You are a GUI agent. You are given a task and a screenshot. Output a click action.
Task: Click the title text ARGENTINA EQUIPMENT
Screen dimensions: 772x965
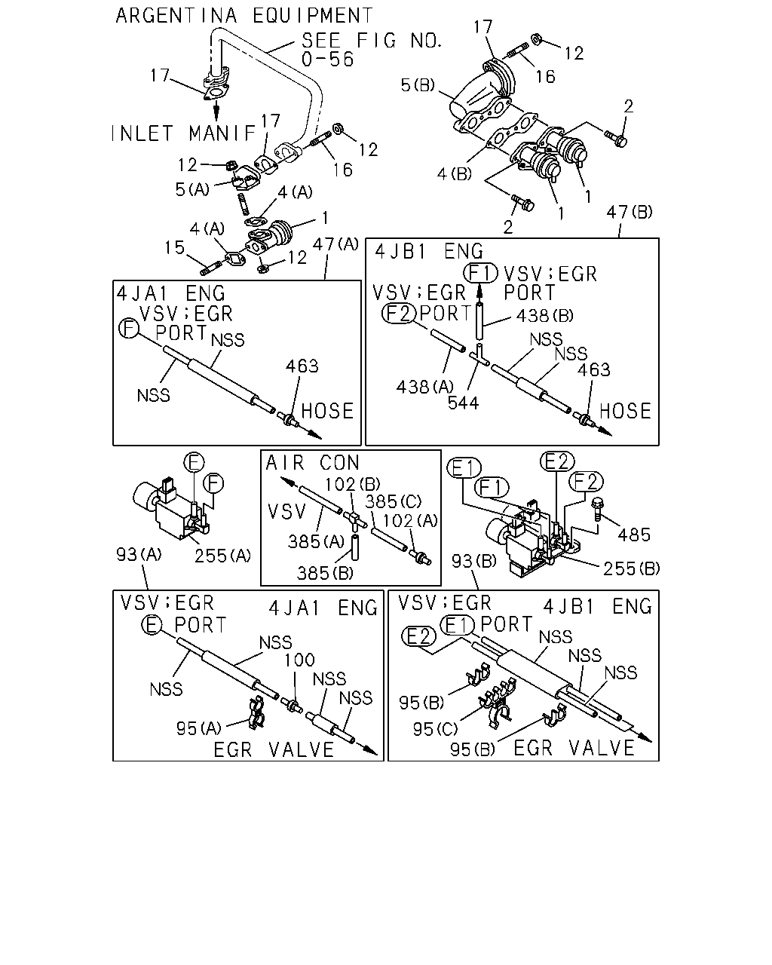tap(244, 16)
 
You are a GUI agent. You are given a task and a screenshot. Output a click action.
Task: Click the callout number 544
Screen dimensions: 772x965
tap(464, 403)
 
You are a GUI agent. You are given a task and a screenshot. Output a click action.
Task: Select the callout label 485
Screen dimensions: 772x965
tap(634, 535)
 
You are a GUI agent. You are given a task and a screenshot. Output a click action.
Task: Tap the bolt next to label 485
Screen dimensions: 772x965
tap(597, 508)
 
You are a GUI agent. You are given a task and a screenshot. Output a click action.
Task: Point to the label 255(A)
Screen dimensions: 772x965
tap(222, 556)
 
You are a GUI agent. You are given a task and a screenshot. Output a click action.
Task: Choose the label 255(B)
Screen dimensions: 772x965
tap(632, 568)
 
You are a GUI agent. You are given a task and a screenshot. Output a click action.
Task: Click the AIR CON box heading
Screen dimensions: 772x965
tap(313, 463)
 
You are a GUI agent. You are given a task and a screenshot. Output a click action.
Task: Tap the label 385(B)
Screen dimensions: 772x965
tap(325, 573)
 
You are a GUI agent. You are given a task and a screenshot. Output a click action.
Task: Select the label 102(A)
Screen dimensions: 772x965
tap(410, 521)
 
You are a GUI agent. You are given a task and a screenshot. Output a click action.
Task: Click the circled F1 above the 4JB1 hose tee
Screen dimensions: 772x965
tap(480, 273)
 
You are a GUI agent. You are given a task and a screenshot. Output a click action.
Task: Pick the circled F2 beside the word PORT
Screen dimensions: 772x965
tap(399, 314)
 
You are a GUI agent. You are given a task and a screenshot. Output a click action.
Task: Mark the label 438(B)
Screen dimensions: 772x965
tap(545, 316)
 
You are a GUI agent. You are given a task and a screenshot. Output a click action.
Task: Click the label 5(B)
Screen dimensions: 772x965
tap(418, 84)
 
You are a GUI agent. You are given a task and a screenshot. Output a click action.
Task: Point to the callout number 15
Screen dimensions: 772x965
tap(174, 247)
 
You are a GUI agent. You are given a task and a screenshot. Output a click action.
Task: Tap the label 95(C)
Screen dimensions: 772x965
tap(435, 729)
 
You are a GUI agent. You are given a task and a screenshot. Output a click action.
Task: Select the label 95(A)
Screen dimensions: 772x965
tap(199, 729)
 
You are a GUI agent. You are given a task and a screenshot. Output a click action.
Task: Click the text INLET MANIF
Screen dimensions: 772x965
tap(183, 133)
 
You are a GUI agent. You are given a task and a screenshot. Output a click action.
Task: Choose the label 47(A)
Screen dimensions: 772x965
tap(335, 244)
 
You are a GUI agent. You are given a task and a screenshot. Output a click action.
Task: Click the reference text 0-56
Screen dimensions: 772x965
tap(327, 60)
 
